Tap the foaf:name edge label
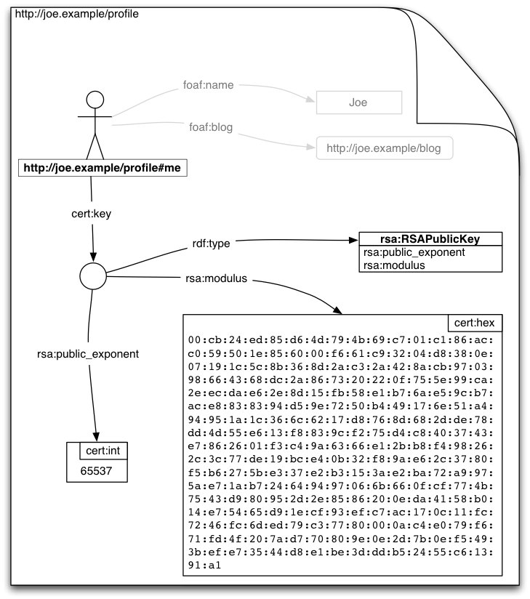[x=208, y=85]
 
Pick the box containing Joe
[x=358, y=102]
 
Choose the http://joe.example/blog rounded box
[x=384, y=148]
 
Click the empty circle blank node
[x=92, y=276]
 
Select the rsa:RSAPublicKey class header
[x=430, y=239]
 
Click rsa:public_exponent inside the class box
[x=414, y=252]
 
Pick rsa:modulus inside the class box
[x=394, y=265]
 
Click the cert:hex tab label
[x=474, y=323]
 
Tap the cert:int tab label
[x=103, y=451]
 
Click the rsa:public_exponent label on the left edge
[x=88, y=354]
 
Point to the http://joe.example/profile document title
[x=63, y=14]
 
